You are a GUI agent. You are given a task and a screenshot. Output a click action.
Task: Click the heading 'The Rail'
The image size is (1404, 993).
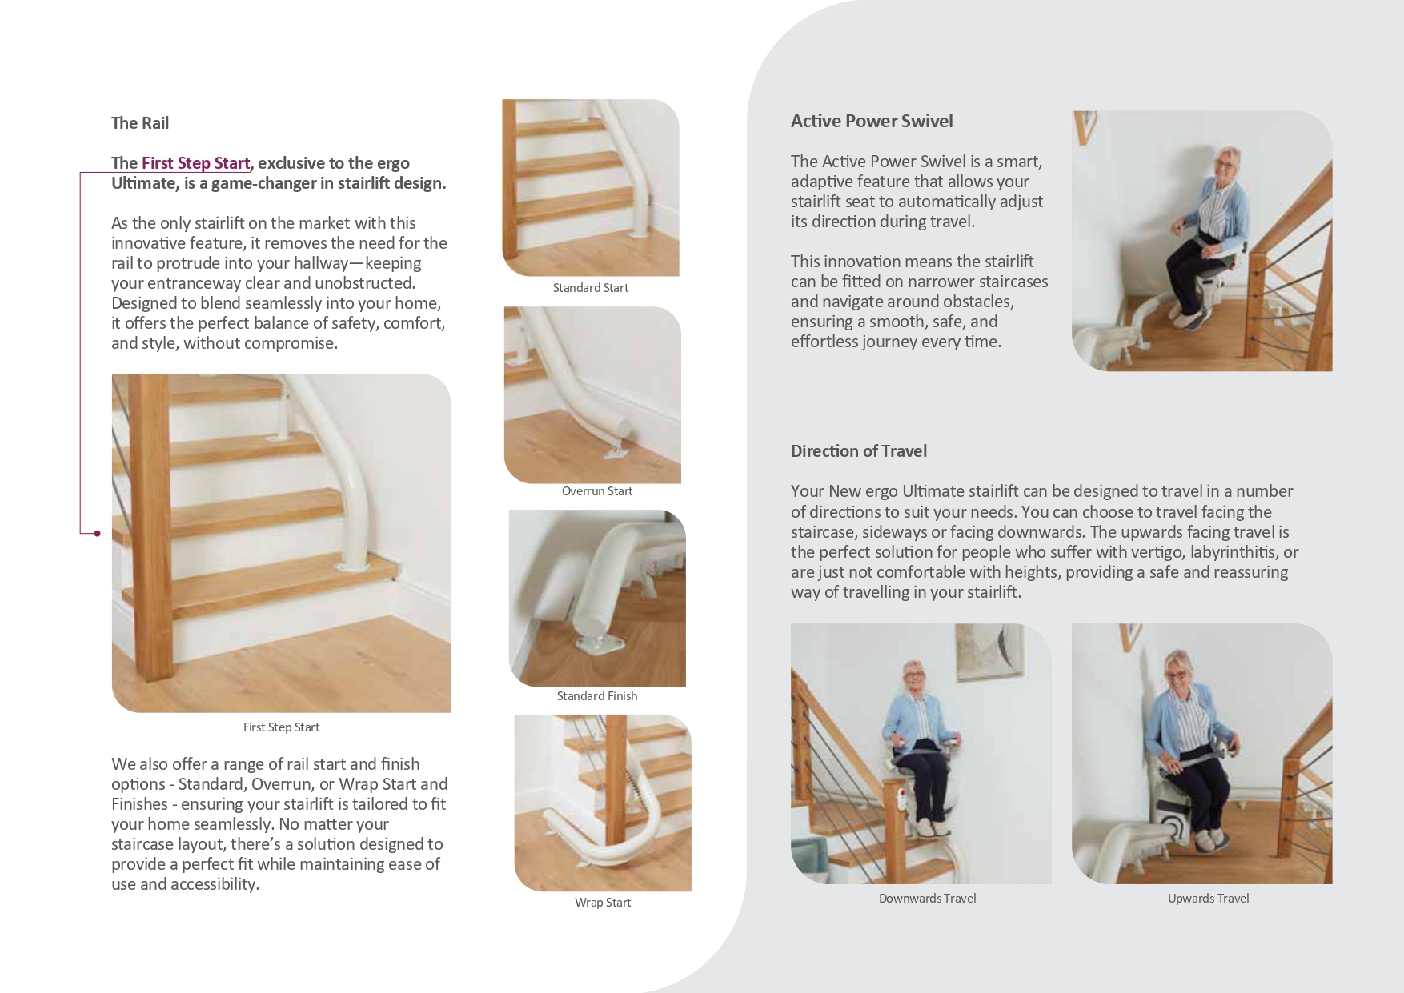pos(140,123)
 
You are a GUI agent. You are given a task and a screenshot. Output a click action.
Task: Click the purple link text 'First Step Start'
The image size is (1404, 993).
pos(195,163)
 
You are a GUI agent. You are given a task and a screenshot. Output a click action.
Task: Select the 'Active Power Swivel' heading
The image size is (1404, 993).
pos(872,122)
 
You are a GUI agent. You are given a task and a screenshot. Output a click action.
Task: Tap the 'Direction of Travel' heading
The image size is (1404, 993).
pos(858,451)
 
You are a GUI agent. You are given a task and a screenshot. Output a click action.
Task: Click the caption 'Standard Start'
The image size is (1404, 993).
pos(591,288)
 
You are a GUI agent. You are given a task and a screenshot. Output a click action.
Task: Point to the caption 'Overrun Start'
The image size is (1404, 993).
pos(597,491)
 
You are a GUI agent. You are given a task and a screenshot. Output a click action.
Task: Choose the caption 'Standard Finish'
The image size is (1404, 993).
pos(597,696)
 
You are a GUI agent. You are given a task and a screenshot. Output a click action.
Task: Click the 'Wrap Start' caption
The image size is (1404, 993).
pos(603,903)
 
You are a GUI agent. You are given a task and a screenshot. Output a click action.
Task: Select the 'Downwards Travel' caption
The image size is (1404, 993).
pos(927,899)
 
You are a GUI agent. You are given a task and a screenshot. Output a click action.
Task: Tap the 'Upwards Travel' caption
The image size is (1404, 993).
pos(1208,899)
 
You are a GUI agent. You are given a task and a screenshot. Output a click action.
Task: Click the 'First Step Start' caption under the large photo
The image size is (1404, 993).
pos(281,727)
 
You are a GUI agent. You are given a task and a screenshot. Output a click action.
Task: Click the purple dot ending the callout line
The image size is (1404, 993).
pos(98,534)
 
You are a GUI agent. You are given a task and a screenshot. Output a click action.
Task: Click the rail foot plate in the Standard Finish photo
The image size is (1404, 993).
pos(593,643)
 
